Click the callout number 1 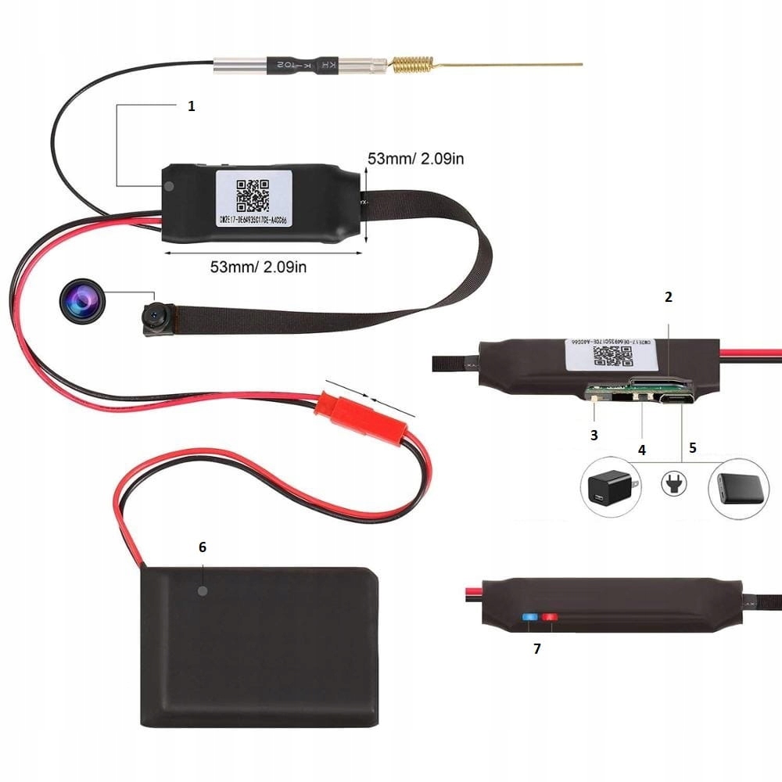192,107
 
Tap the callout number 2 668,297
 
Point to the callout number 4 642,450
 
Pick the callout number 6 203,547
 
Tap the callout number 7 536,648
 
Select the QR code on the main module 253,195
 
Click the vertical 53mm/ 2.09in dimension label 416,159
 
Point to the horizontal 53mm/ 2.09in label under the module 258,267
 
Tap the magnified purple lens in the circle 81,303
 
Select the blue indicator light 532,618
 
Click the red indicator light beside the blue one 550,618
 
